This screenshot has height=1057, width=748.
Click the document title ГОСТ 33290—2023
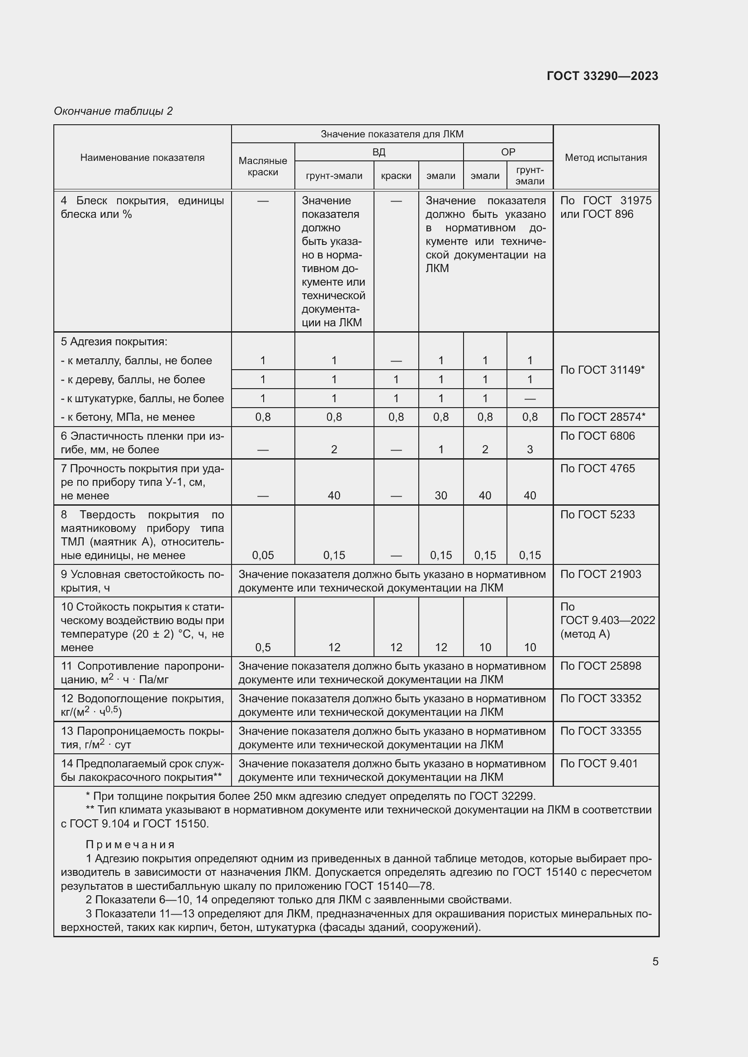coord(602,76)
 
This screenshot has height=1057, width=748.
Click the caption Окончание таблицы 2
coord(114,111)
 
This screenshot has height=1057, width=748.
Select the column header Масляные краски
coord(263,166)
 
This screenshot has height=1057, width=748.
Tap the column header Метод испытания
coord(606,157)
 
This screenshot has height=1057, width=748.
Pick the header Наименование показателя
coord(142,157)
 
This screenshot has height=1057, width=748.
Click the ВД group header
coord(379,152)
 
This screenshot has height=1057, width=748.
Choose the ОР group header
coord(507,152)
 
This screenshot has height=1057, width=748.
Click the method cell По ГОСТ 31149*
coord(602,370)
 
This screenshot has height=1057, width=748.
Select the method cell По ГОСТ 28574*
coord(602,417)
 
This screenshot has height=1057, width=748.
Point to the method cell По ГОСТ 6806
coord(597,436)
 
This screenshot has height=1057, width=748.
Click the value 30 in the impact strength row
coord(441,495)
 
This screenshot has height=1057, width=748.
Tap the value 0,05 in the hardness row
coord(263,555)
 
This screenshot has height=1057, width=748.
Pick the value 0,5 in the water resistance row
coord(263,647)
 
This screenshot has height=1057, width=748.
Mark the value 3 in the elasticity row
coord(530,449)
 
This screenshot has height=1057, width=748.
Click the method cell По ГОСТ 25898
coord(600,666)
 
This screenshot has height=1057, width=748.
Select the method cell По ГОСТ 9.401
coord(598,763)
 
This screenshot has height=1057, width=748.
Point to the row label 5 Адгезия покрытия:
coord(114,342)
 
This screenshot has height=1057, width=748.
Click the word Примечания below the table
coord(130,844)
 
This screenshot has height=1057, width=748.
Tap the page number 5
coord(655,961)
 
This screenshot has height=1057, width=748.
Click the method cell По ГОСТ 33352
coord(600,698)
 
